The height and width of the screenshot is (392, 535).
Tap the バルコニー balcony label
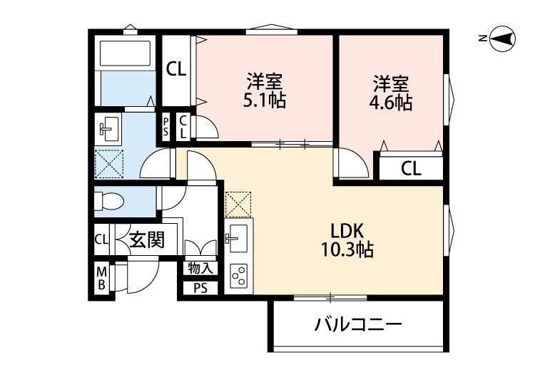(359, 326)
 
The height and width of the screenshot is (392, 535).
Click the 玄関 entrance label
(147, 240)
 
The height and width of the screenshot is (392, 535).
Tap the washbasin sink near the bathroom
(109, 129)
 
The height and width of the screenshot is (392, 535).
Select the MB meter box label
(101, 278)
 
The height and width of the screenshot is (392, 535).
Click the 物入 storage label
(200, 269)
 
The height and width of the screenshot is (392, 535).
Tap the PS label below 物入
(200, 289)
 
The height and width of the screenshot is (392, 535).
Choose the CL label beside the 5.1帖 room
(176, 69)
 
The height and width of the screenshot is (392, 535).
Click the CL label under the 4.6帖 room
(410, 168)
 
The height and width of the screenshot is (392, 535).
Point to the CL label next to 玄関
(101, 239)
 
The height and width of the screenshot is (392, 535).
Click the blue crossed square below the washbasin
(109, 163)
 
